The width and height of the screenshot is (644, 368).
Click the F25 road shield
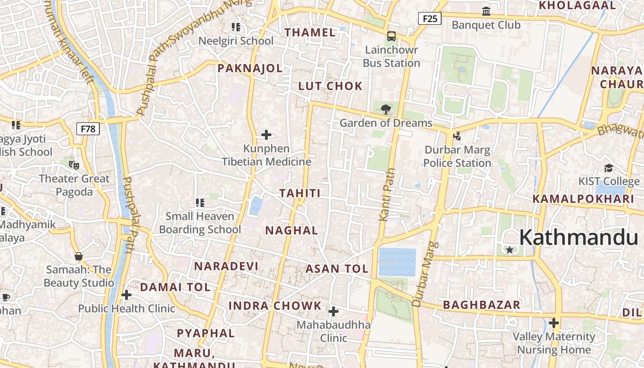[430, 18]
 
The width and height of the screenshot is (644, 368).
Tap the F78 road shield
[88, 129]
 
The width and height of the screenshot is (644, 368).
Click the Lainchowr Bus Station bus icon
[391, 36]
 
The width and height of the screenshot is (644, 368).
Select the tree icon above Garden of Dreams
[385, 109]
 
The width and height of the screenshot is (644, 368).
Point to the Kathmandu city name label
[579, 237]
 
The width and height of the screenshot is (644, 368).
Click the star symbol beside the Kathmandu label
[510, 250]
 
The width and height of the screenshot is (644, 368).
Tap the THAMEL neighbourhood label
[310, 33]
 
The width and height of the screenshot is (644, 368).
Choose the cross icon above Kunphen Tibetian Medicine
[266, 135]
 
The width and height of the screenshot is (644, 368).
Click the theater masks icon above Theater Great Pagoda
[74, 165]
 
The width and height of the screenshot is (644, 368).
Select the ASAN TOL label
[337, 269]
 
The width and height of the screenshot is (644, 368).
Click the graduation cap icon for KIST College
[609, 168]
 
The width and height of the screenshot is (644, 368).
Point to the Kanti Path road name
[387, 195]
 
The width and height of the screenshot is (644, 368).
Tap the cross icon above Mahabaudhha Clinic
[333, 312]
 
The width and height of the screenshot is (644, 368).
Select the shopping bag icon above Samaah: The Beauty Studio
[78, 256]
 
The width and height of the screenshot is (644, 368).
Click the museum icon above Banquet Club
[486, 11]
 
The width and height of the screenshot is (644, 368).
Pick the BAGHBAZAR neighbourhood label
[482, 305]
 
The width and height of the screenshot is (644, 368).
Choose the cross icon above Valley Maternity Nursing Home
[554, 323]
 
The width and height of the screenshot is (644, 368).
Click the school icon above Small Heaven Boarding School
[200, 202]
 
